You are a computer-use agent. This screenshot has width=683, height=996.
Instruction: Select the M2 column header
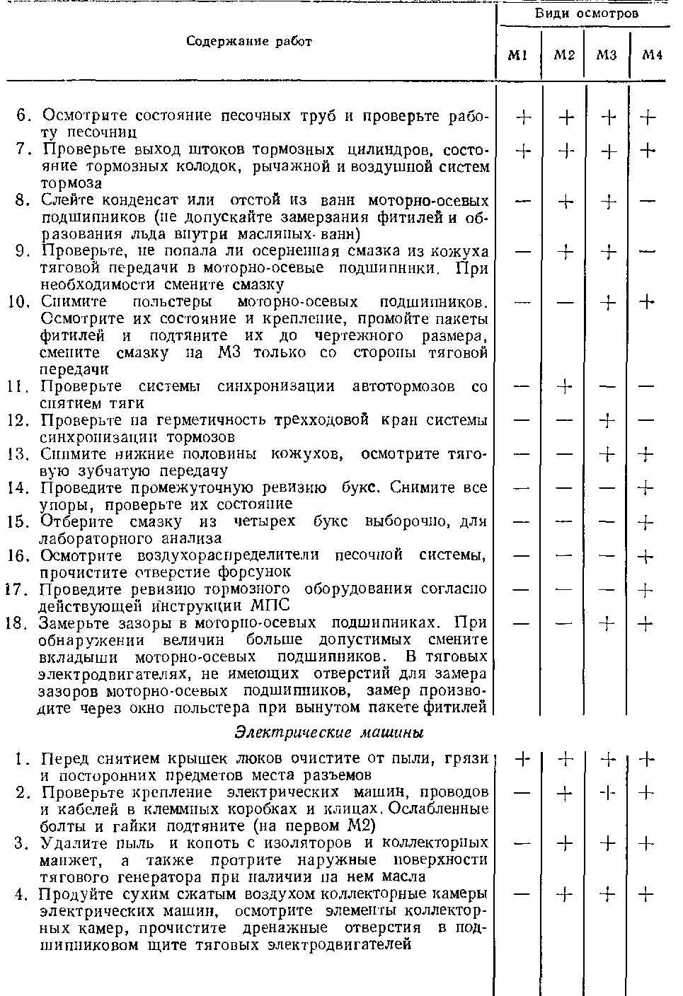[563, 56]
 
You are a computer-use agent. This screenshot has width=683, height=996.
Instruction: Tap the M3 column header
[607, 56]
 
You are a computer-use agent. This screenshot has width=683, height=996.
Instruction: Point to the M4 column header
[651, 56]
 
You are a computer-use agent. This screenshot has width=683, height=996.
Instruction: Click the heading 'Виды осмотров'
[586, 13]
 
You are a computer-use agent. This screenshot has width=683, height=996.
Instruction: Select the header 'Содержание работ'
[249, 41]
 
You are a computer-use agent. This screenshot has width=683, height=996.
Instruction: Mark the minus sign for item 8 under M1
[523, 202]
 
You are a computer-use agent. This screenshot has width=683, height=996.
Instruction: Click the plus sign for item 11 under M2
[565, 387]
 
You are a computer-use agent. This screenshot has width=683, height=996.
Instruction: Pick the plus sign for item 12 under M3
[607, 421]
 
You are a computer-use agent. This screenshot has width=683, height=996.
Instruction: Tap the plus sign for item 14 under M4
[646, 488]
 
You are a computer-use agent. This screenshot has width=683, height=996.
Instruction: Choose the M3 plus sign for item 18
[607, 623]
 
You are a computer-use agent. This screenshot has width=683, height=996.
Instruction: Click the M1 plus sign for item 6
[524, 117]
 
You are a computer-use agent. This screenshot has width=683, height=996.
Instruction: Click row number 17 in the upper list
[17, 589]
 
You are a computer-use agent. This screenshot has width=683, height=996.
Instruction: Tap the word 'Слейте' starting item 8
[69, 201]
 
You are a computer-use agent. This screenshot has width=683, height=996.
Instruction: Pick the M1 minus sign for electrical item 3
[523, 843]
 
